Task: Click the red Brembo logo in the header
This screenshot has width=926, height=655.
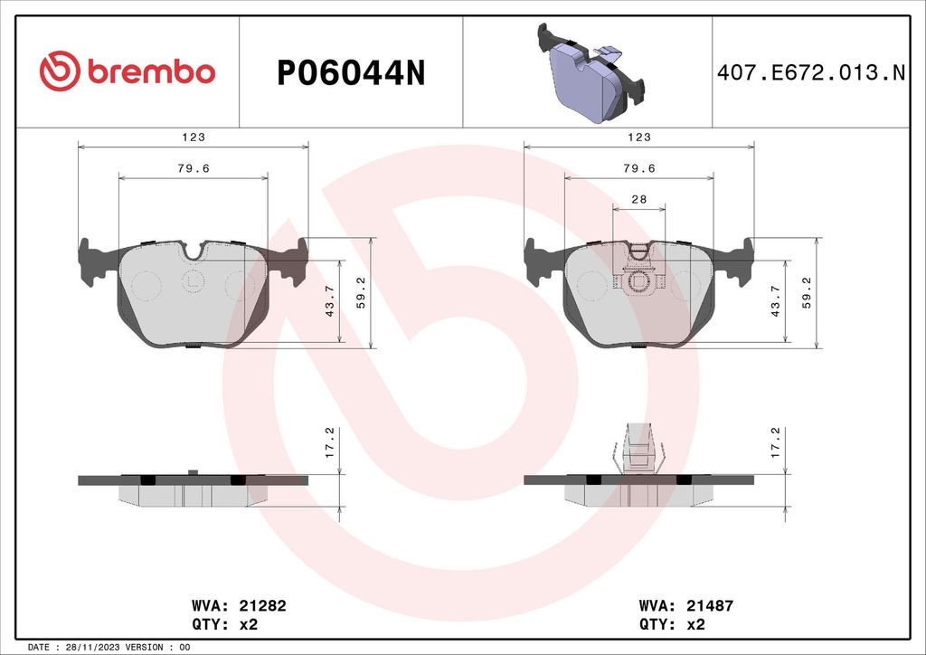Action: pyautogui.click(x=128, y=71)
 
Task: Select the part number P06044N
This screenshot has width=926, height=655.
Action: pyautogui.click(x=350, y=73)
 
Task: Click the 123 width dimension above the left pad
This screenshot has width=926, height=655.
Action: pyautogui.click(x=194, y=138)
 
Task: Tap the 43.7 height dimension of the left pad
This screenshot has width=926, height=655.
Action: pyautogui.click(x=331, y=302)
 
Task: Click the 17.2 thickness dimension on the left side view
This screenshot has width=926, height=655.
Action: pyautogui.click(x=331, y=442)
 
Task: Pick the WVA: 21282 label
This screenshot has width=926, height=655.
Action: pyautogui.click(x=239, y=605)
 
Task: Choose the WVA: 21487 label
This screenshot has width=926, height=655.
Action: pyautogui.click(x=685, y=605)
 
